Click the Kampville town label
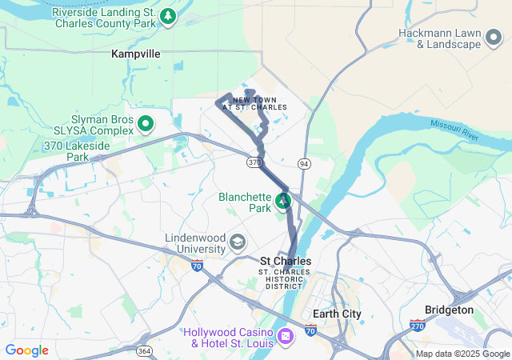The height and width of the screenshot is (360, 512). [136, 54]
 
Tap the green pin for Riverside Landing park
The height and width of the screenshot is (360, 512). [167, 15]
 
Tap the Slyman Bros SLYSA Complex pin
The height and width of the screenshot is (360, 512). [146, 124]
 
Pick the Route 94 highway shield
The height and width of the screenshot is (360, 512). [304, 163]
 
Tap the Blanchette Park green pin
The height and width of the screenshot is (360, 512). [283, 199]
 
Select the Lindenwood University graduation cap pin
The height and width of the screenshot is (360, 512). [238, 242]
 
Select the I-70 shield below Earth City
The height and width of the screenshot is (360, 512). [310, 330]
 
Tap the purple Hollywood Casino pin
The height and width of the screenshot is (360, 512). [285, 338]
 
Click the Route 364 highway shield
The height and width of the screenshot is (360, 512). [144, 350]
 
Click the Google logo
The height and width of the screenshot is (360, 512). [27, 350]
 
